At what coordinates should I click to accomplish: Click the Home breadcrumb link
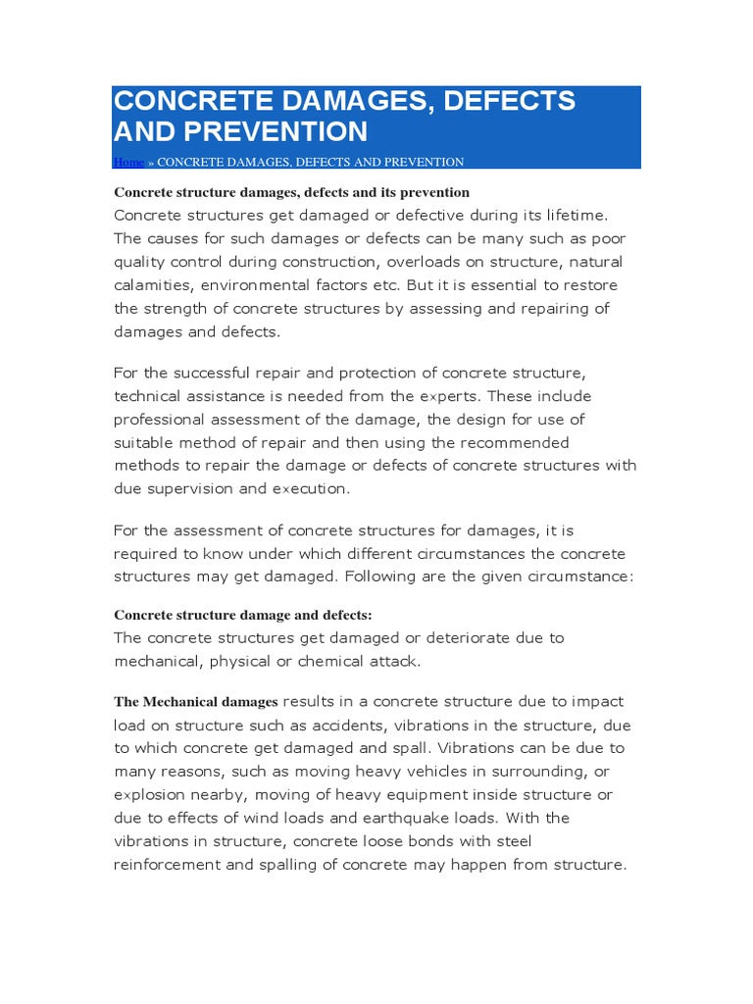pos(128,162)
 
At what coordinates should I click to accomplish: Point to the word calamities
pos(154,285)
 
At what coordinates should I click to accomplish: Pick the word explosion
pos(151,795)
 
